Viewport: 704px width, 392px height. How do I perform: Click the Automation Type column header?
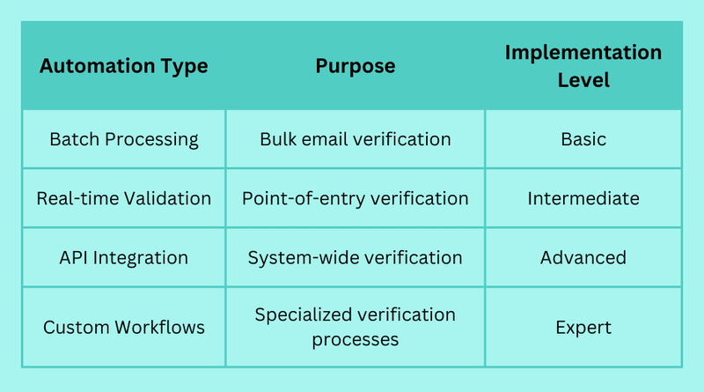pos(123,66)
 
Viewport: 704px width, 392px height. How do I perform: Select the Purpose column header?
pos(356,66)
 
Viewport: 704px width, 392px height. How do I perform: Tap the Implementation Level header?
pos(583,66)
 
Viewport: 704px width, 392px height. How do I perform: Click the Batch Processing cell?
pos(123,139)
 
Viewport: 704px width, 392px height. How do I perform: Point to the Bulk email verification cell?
pos(356,139)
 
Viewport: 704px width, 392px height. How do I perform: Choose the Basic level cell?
pos(583,139)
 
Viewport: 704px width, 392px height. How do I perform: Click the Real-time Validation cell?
pos(123,198)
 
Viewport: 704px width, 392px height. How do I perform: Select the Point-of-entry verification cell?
pos(356,199)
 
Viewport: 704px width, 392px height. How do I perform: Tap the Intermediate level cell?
pos(583,198)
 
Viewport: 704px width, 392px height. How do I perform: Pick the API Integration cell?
pos(123,257)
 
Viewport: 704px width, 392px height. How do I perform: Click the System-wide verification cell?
pos(356,258)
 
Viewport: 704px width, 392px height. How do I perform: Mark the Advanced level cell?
pos(583,257)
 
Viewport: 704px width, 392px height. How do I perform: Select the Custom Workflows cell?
pos(123,328)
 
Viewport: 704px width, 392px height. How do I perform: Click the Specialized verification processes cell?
pos(356,327)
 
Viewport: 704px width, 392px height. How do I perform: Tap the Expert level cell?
pos(583,328)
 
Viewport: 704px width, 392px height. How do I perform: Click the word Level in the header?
pos(583,80)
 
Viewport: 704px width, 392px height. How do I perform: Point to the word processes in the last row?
pos(356,340)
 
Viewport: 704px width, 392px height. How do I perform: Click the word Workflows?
pos(160,328)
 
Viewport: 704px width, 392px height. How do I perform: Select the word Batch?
pos(75,139)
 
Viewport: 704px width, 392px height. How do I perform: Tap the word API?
pos(74,257)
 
